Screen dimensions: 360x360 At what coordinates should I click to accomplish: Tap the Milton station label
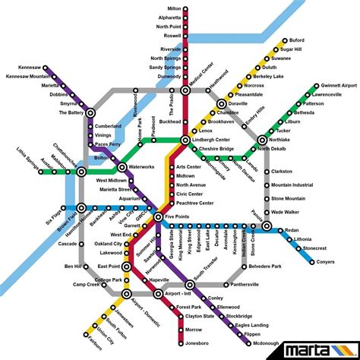pos(174,8)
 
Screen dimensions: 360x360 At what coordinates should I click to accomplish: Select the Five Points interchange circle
pos(158,218)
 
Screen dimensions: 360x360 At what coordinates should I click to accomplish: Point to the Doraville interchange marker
pos(222,104)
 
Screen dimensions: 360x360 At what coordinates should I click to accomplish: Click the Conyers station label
pos(324,262)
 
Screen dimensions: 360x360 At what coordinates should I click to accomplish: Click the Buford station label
pos(297,40)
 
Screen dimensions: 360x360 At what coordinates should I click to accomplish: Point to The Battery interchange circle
pos(90,112)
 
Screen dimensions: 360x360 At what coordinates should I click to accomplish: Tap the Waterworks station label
pos(141,166)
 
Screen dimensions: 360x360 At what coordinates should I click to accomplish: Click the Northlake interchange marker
pos(262,140)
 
